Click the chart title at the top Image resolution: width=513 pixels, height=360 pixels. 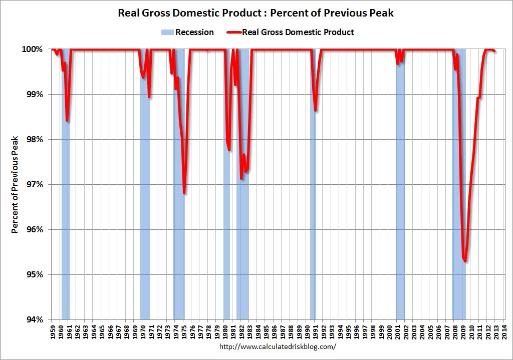256,13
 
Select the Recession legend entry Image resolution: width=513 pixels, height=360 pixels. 187,33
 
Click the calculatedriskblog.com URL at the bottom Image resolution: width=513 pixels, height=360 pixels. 278,346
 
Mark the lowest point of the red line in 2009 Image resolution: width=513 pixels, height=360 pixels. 465,261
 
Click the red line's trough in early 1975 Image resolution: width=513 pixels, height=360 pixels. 184,193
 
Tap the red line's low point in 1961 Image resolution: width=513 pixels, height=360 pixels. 67,121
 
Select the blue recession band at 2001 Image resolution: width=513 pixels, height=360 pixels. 400,200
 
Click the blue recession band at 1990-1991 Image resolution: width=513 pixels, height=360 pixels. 313,200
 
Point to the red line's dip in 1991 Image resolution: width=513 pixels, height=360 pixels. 315,110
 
